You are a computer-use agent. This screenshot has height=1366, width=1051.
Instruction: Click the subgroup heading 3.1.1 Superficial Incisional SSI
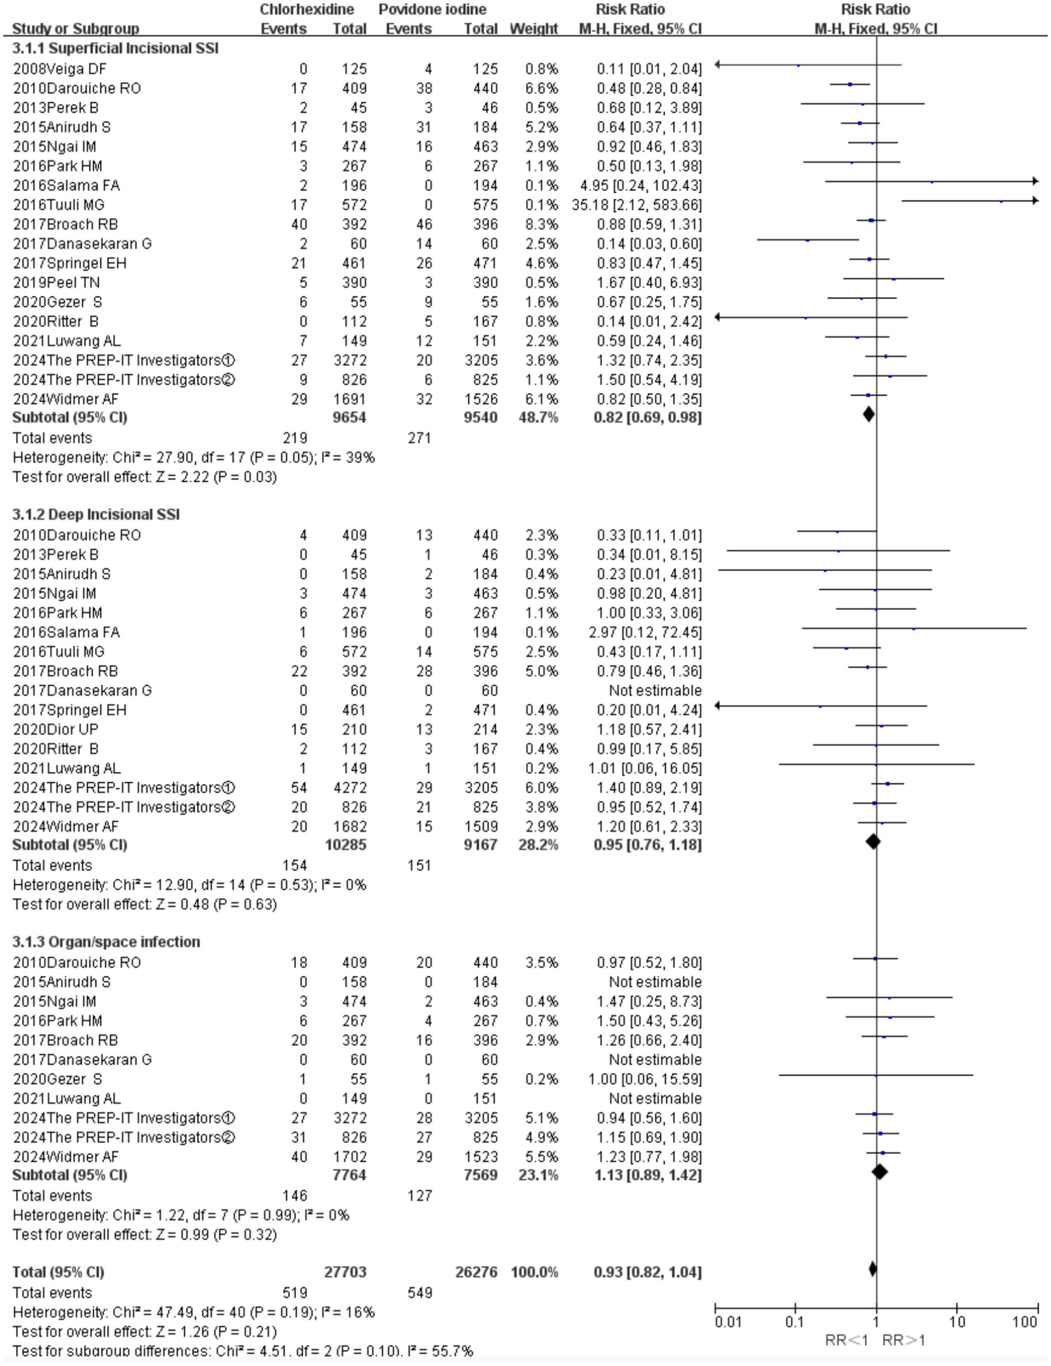coord(115,48)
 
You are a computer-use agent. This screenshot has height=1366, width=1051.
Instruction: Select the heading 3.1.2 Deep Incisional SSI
coord(96,514)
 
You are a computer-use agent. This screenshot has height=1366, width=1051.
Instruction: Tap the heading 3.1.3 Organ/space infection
coord(106,941)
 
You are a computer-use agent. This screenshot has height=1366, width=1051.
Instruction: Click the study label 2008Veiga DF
coord(59,69)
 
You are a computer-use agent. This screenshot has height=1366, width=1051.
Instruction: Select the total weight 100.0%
coord(534,1271)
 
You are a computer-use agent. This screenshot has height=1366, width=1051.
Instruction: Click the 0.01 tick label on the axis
coord(728,1322)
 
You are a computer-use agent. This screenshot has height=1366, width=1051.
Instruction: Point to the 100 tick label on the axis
coord(1024,1322)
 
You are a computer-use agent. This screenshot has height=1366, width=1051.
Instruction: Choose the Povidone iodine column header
coord(432,9)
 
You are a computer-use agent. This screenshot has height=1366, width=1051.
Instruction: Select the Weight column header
coord(534,29)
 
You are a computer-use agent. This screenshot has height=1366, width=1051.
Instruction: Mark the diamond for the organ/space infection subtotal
coord(880,1171)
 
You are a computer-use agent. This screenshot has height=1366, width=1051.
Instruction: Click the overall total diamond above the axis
coord(873,1269)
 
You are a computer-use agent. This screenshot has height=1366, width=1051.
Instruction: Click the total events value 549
coord(419,1292)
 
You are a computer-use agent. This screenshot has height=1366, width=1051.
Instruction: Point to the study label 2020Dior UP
coord(56,729)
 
